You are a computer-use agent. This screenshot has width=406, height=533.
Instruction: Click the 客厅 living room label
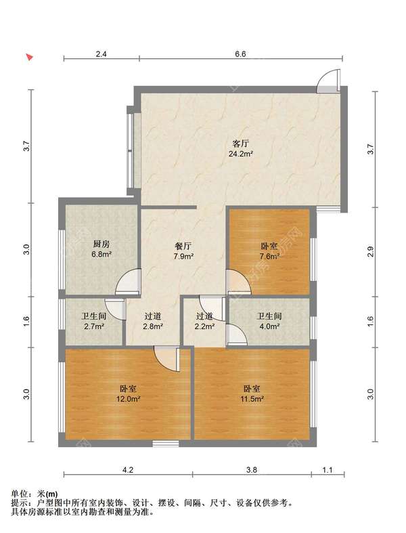tap(240, 143)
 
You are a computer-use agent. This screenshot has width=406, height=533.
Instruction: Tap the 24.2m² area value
tap(240, 154)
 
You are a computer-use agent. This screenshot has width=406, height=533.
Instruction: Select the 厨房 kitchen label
tap(101, 244)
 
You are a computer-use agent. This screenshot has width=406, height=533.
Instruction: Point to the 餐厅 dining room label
tap(183, 246)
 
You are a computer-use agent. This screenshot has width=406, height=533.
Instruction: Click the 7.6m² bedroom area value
tap(269, 256)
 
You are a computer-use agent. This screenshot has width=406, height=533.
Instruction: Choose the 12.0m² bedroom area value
tap(129, 399)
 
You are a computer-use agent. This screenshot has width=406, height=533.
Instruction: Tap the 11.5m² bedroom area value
tap(252, 399)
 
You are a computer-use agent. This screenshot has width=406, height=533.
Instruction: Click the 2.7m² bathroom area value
tap(94, 326)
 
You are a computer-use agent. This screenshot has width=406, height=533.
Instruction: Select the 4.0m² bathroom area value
tap(269, 326)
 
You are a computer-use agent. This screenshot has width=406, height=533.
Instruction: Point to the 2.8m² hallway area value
tap(152, 326)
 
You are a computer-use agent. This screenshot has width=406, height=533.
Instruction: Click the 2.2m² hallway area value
tap(204, 326)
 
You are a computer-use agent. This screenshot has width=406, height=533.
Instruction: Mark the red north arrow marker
tap(30, 57)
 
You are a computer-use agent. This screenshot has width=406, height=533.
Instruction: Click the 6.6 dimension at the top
tap(240, 54)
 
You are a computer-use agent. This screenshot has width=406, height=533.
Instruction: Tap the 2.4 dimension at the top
tap(101, 54)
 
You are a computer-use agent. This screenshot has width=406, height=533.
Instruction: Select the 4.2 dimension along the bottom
tap(128, 470)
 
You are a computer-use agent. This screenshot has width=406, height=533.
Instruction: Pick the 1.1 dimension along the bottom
tap(328, 470)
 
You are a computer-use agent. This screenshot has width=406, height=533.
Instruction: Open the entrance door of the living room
tap(329, 81)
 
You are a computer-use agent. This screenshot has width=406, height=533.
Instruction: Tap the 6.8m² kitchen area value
tap(101, 254)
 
